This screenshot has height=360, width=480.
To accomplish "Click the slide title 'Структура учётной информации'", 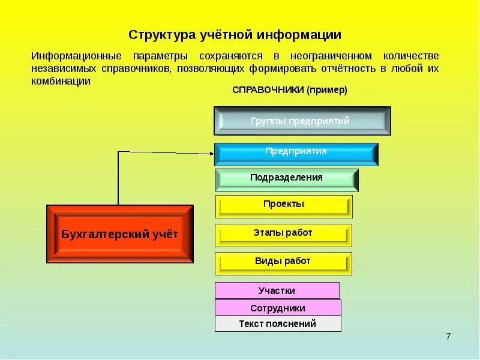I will click(x=235, y=35).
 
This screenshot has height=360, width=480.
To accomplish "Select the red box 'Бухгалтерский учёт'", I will click(x=120, y=234).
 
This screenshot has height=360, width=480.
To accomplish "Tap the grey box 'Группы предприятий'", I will click(x=302, y=121).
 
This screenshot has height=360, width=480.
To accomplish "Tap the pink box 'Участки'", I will click(x=277, y=290).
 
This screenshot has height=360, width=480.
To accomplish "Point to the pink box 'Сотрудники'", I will click(x=278, y=308).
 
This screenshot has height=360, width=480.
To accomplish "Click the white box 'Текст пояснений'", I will click(x=278, y=323).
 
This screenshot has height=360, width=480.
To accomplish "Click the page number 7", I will click(x=448, y=336).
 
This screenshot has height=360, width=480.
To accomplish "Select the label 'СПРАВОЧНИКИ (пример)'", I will click(x=290, y=89).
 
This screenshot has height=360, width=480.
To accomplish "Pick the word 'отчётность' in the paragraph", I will click(x=350, y=68).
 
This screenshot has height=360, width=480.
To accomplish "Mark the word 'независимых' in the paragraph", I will click(x=62, y=68).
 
